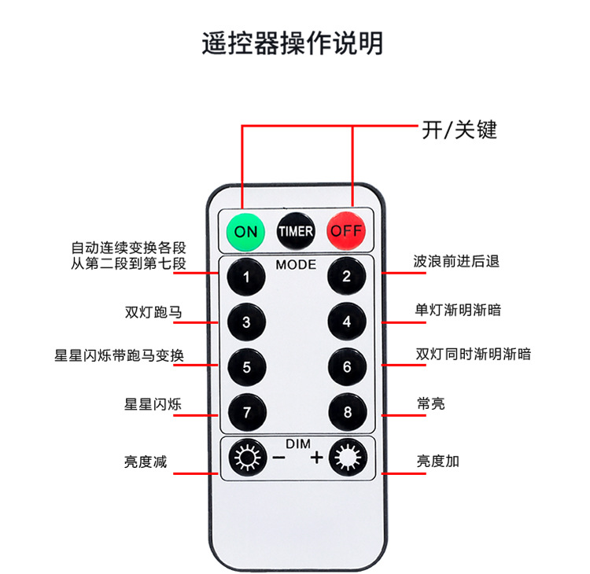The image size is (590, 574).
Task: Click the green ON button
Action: (245, 231)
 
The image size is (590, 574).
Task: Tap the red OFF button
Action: (346, 231)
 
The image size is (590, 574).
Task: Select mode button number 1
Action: (246, 277)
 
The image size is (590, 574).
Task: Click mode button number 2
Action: (346, 277)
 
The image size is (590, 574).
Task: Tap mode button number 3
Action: (246, 322)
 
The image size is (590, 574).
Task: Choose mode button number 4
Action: (346, 322)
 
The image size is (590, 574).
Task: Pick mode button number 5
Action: (246, 366)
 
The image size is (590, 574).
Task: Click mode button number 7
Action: (246, 411)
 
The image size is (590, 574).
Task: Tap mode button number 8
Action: (346, 411)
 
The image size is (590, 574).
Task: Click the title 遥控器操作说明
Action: (293, 42)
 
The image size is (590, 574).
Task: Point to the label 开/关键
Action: (459, 129)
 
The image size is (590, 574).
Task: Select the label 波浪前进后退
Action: (456, 261)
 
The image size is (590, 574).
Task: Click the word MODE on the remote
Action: (296, 264)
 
